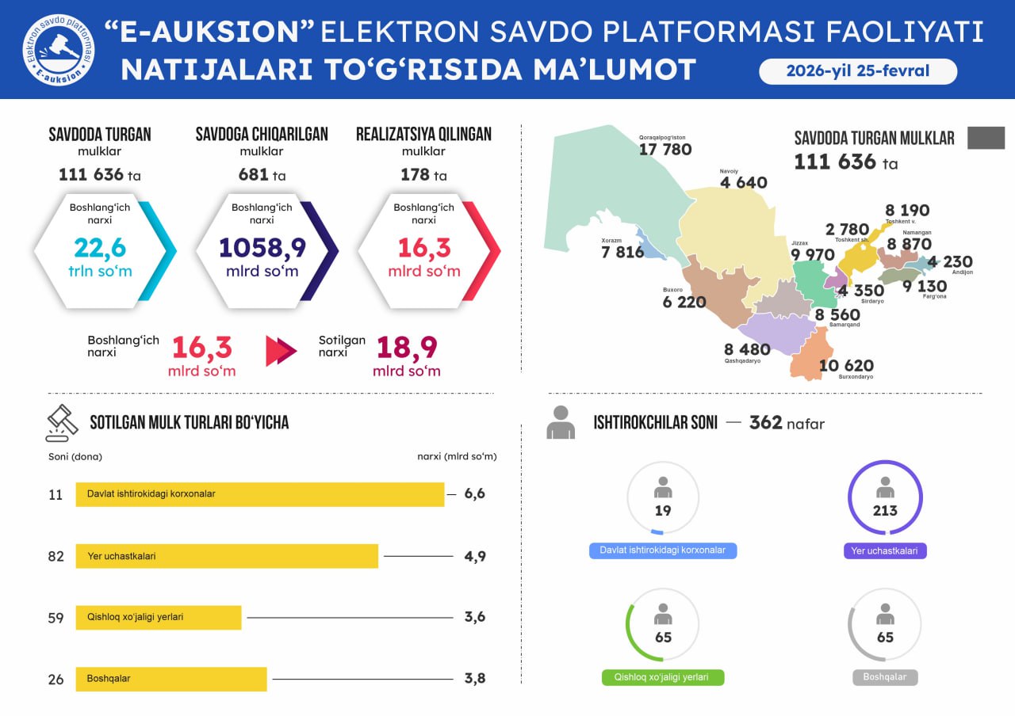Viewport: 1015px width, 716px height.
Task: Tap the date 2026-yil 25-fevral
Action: [858, 71]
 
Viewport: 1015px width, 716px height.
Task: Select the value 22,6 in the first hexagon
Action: [100, 248]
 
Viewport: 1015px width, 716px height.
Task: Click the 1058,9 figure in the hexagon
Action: [262, 248]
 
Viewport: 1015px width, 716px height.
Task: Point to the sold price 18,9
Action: [407, 348]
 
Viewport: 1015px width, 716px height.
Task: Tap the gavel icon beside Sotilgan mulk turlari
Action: [62, 423]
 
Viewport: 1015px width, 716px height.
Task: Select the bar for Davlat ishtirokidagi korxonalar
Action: [260, 494]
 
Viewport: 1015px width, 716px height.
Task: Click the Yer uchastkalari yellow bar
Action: [227, 556]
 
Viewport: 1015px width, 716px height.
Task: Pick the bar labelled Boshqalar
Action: [171, 679]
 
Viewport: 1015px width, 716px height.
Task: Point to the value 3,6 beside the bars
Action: [475, 617]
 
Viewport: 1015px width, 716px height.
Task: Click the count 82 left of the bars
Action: [56, 556]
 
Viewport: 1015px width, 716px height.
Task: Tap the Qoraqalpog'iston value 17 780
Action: [665, 150]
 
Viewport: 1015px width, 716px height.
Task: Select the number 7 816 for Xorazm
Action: [622, 253]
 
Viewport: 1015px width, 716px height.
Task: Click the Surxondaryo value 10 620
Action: [846, 365]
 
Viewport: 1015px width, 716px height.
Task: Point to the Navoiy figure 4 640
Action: [743, 183]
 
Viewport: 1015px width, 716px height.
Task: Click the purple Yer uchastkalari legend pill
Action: [885, 550]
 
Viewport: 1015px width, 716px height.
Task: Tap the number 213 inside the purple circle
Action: [885, 511]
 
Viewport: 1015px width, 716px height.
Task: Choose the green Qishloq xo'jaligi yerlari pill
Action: [663, 678]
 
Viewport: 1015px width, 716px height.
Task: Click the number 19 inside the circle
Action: [663, 511]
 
